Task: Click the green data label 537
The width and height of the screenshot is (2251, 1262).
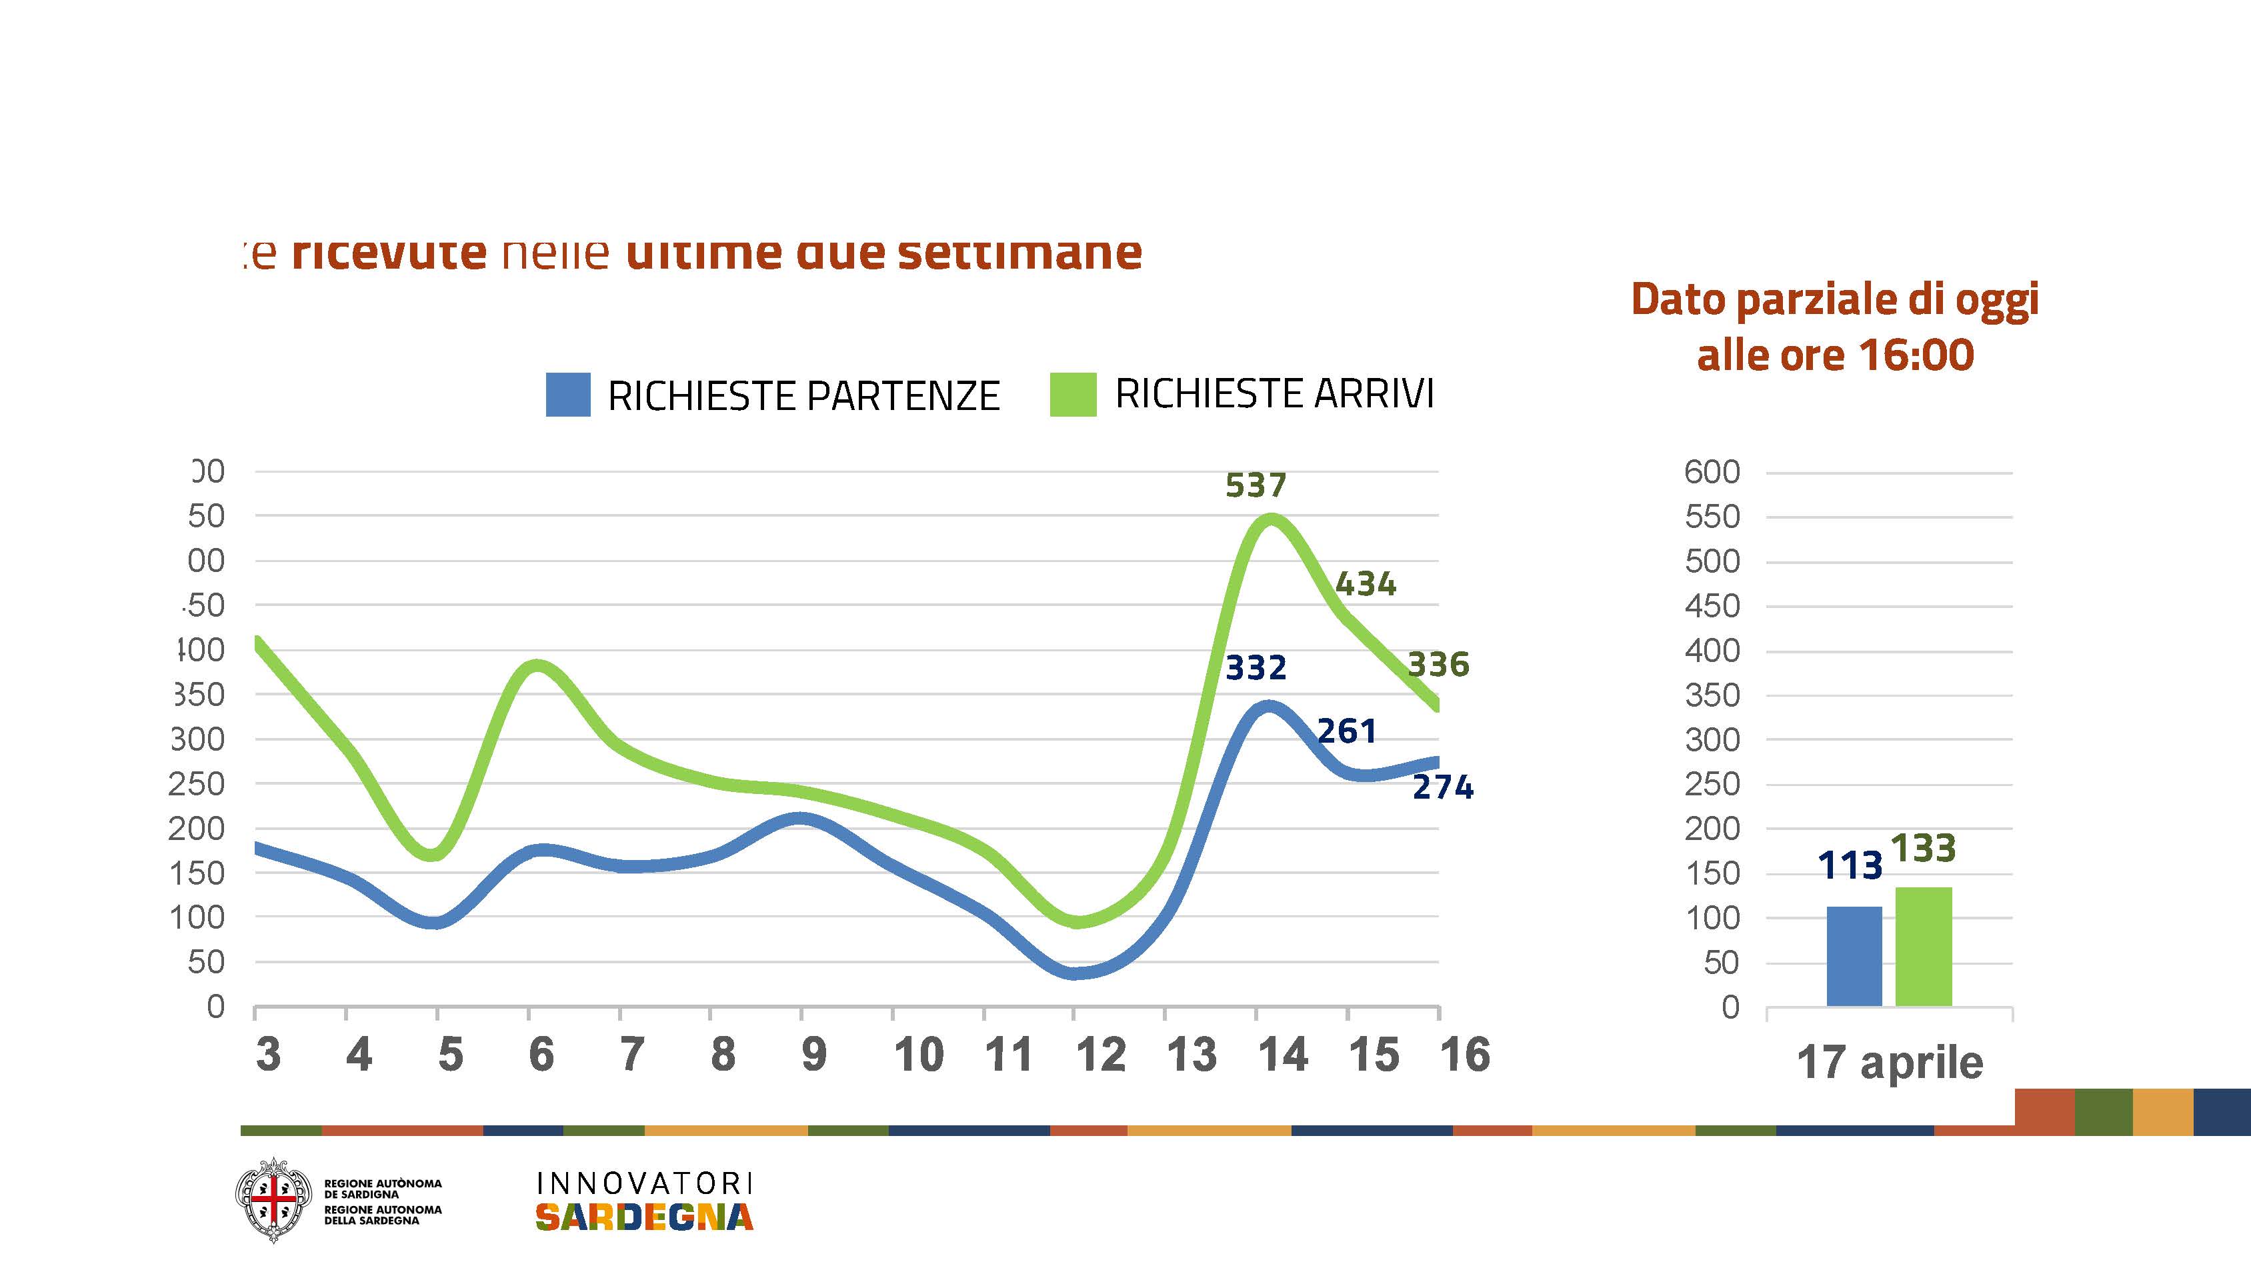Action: click(x=1256, y=485)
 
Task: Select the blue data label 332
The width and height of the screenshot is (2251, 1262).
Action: click(x=1256, y=669)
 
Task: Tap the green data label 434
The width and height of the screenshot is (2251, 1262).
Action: click(x=1366, y=584)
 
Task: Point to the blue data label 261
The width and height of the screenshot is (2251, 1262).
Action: click(x=1347, y=731)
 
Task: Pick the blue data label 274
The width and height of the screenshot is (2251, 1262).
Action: click(x=1443, y=787)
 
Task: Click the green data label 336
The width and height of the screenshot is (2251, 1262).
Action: click(x=1438, y=665)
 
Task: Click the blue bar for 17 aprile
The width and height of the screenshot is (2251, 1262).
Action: click(x=1854, y=956)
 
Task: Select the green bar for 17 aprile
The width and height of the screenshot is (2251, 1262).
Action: click(x=1924, y=947)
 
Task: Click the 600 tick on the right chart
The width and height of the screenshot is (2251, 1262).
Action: click(x=1712, y=472)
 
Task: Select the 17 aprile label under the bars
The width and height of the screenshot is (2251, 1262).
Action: click(x=1889, y=1063)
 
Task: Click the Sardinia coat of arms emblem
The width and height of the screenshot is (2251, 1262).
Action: click(x=273, y=1199)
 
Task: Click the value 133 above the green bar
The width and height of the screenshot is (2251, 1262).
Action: click(x=1924, y=848)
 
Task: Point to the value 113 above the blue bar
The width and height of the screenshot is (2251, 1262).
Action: click(x=1850, y=865)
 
